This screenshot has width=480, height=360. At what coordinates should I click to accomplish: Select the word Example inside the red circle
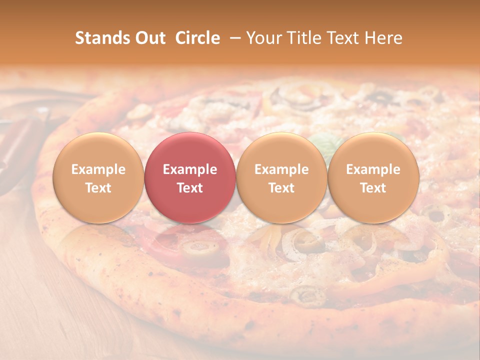190,169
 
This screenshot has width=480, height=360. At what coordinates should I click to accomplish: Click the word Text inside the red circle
190,188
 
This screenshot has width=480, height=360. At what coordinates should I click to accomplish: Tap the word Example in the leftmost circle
98,169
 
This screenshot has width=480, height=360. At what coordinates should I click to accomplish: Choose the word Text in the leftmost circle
98,188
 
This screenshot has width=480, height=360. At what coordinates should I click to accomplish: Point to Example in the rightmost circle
373,169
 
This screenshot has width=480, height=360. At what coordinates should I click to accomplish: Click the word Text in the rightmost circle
373,188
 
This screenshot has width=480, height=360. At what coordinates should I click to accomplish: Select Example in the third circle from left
281,169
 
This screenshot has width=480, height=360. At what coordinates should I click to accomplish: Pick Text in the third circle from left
281,188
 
